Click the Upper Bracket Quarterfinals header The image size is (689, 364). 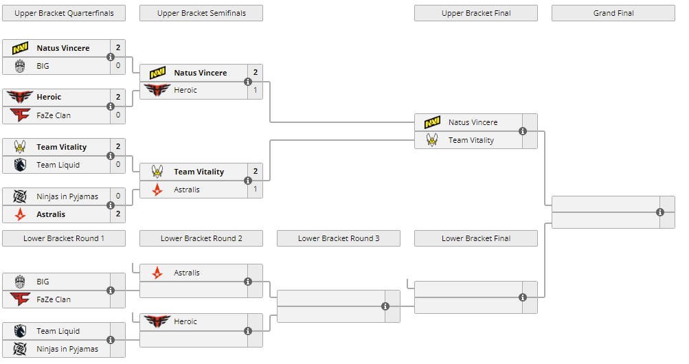click(64, 13)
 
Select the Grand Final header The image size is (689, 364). click(613, 13)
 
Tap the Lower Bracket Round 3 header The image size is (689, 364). click(338, 238)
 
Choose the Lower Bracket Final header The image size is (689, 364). click(475, 238)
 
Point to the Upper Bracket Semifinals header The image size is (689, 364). click(201, 13)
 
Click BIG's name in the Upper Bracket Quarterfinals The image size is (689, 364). click(43, 66)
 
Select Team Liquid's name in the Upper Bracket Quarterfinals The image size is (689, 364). click(58, 165)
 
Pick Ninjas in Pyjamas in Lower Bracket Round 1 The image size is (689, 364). click(67, 349)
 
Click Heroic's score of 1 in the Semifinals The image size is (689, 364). click(255, 90)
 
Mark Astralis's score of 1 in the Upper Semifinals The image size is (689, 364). click(255, 190)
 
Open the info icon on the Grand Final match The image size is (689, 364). click(660, 212)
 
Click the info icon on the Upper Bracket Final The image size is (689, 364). click(523, 131)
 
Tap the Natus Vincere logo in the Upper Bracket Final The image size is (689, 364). click(432, 122)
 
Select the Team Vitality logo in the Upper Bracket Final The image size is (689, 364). click(432, 140)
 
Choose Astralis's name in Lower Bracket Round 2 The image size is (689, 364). click(187, 273)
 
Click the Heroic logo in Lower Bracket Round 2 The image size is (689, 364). click(157, 321)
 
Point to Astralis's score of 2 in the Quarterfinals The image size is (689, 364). click(117, 214)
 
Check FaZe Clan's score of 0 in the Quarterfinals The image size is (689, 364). click(117, 115)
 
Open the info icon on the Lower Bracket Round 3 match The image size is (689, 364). click(385, 306)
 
